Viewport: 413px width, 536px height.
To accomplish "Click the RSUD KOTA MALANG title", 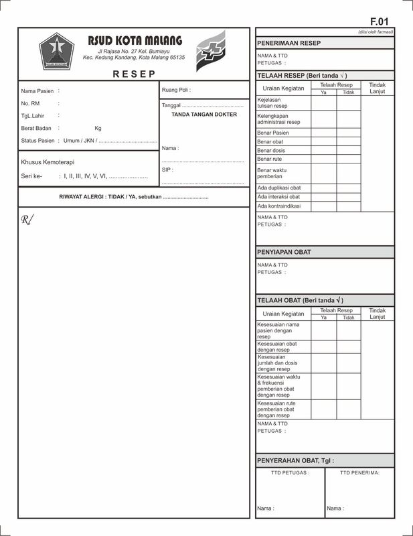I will point(135,41).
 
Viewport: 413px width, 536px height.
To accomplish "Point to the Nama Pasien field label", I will point(37,90).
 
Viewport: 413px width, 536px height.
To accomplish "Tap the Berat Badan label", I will point(37,128).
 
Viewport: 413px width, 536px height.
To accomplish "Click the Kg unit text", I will point(98,128).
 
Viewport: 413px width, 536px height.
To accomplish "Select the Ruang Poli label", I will point(175,89).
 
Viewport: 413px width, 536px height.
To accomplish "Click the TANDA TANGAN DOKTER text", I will point(205,115).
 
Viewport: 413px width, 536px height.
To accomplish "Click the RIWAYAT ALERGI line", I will point(134,197).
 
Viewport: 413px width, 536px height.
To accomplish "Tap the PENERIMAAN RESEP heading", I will point(288,43).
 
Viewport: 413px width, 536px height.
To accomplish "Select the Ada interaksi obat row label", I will point(278,197).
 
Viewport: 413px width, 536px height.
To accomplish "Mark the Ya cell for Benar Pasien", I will point(323,133).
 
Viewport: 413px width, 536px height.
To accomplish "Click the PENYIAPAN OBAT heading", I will point(284,252).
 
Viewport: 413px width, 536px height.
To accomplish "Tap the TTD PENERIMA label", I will point(359,472).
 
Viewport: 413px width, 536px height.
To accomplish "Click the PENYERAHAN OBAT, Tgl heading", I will point(295,460).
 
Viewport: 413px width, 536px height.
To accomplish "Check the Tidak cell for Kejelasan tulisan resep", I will point(348,103).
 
